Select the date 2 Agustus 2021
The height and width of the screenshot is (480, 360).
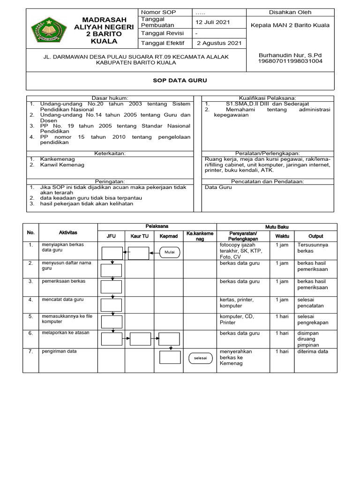pyautogui.click(x=219, y=43)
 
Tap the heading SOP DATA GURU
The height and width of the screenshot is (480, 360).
pyautogui.click(x=180, y=81)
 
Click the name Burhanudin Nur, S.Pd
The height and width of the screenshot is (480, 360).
pyautogui.click(x=291, y=55)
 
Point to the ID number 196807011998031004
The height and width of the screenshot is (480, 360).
pyautogui.click(x=291, y=61)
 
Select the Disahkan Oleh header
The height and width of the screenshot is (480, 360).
pyautogui.click(x=290, y=12)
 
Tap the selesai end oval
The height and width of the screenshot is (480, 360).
pyautogui.click(x=201, y=359)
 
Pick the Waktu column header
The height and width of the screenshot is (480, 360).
pyautogui.click(x=282, y=236)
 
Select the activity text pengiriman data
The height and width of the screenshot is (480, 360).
pyautogui.click(x=59, y=351)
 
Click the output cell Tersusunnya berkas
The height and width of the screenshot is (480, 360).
pyautogui.click(x=313, y=248)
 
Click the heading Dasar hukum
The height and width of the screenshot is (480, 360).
pyautogui.click(x=109, y=98)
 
